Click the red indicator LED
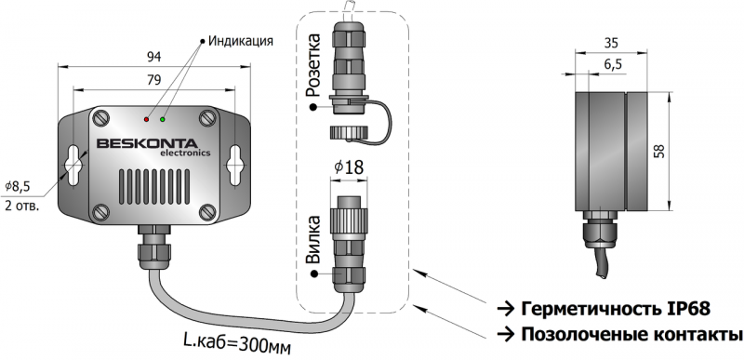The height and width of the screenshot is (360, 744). [x=146, y=119]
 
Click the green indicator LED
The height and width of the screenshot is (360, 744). [x=163, y=119]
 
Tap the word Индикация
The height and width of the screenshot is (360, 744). [x=241, y=41]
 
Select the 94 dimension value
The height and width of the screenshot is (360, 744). [x=153, y=58]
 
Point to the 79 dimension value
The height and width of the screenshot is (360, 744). [x=153, y=80]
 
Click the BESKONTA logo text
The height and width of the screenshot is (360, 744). [x=147, y=143]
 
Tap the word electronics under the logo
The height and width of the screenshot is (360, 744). [x=185, y=153]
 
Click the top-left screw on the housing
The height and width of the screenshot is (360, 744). [x=100, y=117]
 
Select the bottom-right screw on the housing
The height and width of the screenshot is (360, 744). [x=207, y=212]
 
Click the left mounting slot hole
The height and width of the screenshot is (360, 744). [x=73, y=165]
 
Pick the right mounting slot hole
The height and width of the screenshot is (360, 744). [x=234, y=165]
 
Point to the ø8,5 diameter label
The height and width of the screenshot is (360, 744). [x=18, y=187]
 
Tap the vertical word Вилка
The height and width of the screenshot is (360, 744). [x=312, y=239]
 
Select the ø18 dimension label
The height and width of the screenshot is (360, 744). [x=349, y=167]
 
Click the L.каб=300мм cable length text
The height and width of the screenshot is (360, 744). [x=237, y=343]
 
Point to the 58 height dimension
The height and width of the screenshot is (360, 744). [x=660, y=151]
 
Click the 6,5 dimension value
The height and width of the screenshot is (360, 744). [x=613, y=65]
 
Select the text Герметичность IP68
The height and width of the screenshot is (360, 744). [x=616, y=309]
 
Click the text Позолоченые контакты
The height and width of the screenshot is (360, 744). [x=631, y=334]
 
